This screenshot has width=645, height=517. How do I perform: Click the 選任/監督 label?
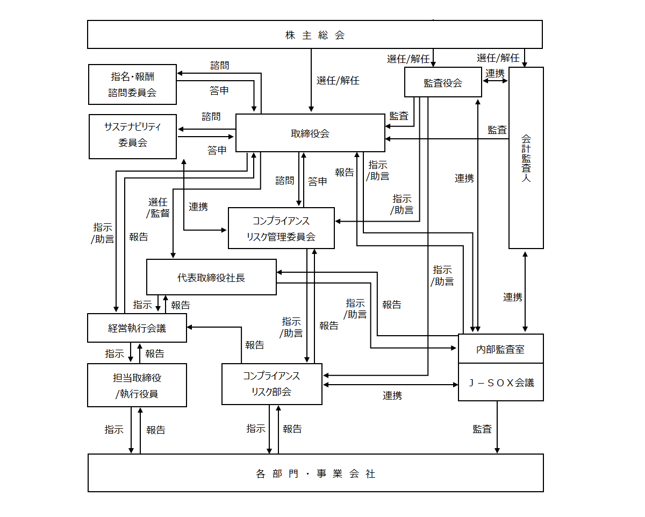[x=158, y=207]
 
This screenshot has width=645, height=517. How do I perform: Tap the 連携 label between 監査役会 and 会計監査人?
[x=495, y=73]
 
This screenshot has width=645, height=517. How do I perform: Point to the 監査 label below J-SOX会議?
[x=482, y=429]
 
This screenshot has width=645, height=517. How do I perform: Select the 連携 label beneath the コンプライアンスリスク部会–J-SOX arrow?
[x=392, y=395]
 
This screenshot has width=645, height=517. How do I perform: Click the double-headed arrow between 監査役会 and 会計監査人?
[x=495, y=81]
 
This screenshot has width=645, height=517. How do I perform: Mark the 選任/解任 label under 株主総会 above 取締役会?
[x=338, y=80]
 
